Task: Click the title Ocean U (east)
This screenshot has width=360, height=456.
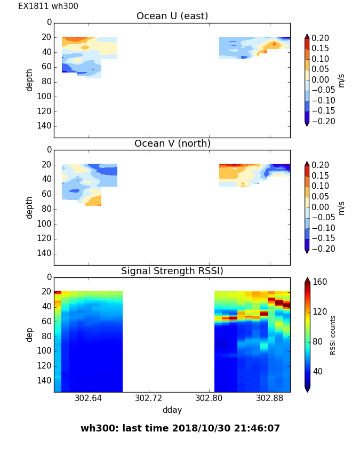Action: click(172, 16)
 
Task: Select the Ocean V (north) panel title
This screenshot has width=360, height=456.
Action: click(172, 143)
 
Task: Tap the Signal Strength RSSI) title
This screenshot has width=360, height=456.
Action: click(172, 271)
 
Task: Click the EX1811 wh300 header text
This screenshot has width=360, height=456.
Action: click(48, 6)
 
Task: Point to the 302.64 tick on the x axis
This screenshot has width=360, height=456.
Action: click(88, 398)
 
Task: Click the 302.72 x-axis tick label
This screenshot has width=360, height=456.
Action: click(149, 398)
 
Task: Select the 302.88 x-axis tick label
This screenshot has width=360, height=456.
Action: click(270, 398)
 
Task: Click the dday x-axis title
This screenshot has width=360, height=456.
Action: click(172, 410)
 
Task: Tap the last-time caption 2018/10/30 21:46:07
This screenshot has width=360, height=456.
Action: click(180, 428)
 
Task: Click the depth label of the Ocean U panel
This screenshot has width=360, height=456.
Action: click(30, 79)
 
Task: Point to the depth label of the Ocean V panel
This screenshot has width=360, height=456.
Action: click(30, 207)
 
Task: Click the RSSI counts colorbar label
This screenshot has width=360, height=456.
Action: click(333, 334)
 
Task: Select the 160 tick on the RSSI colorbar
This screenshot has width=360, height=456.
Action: click(320, 282)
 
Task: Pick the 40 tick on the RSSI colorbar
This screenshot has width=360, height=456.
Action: click(318, 371)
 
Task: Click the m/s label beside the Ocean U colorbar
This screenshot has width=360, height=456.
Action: click(341, 80)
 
